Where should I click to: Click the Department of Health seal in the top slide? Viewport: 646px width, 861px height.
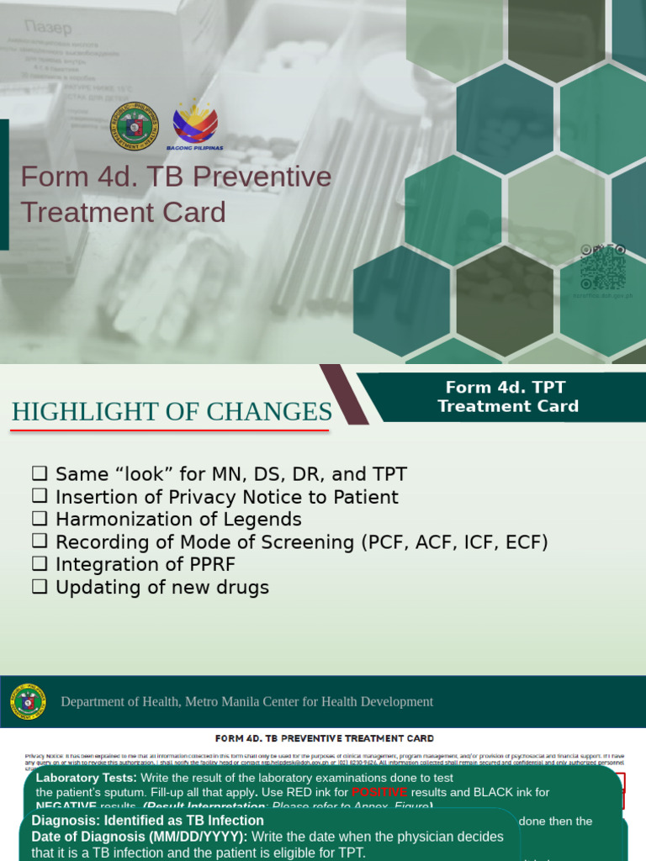pyautogui.click(x=134, y=126)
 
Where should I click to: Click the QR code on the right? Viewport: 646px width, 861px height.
pyautogui.click(x=603, y=267)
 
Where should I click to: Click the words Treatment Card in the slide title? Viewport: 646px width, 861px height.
pyautogui.click(x=124, y=212)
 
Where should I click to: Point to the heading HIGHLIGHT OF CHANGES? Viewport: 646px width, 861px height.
pyautogui.click(x=172, y=412)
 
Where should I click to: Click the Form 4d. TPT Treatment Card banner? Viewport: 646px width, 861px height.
pyautogui.click(x=508, y=397)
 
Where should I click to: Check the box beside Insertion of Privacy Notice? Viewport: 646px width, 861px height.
pyautogui.click(x=39, y=497)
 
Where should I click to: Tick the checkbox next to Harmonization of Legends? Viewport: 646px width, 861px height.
pyautogui.click(x=39, y=520)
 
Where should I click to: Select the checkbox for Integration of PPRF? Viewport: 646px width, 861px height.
pyautogui.click(x=39, y=564)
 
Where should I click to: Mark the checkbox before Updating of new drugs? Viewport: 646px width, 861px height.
pyautogui.click(x=39, y=587)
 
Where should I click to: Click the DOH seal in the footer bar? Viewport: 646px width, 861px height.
pyautogui.click(x=29, y=701)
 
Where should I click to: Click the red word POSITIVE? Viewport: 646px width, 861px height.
pyautogui.click(x=379, y=792)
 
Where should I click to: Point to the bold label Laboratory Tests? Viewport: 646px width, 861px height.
pyautogui.click(x=87, y=779)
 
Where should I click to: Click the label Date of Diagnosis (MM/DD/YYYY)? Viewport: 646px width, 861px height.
pyautogui.click(x=140, y=837)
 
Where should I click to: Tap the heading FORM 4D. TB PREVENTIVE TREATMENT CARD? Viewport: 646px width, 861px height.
pyautogui.click(x=325, y=738)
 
